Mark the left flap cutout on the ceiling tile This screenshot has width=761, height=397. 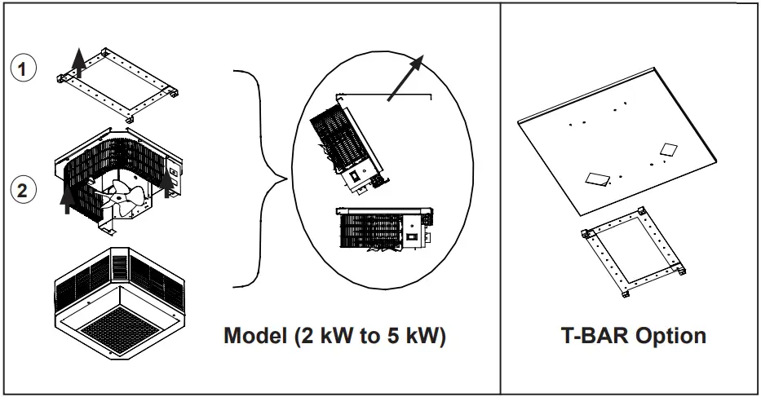coord(597,179)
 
